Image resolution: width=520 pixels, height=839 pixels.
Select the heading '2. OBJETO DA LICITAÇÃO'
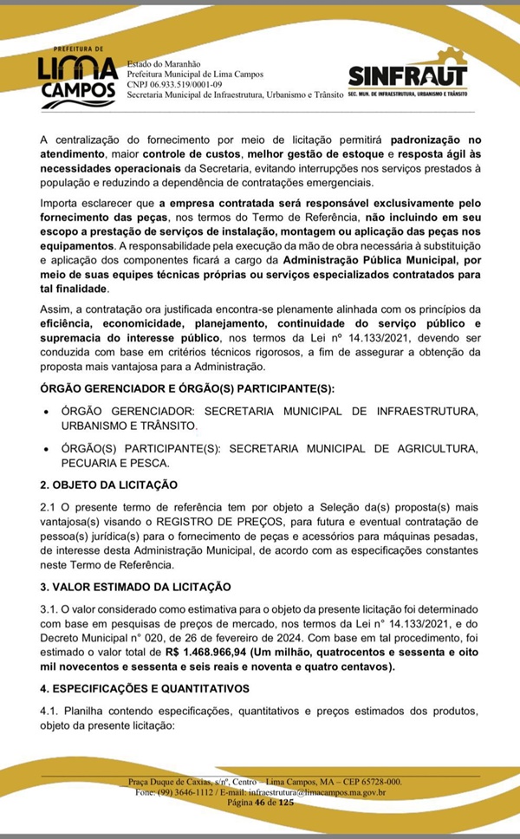point(108,484)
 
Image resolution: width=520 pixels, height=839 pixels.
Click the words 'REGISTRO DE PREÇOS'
point(205,522)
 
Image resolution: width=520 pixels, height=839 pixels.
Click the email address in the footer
point(317,791)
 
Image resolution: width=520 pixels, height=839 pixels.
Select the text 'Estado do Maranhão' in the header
point(163,65)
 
